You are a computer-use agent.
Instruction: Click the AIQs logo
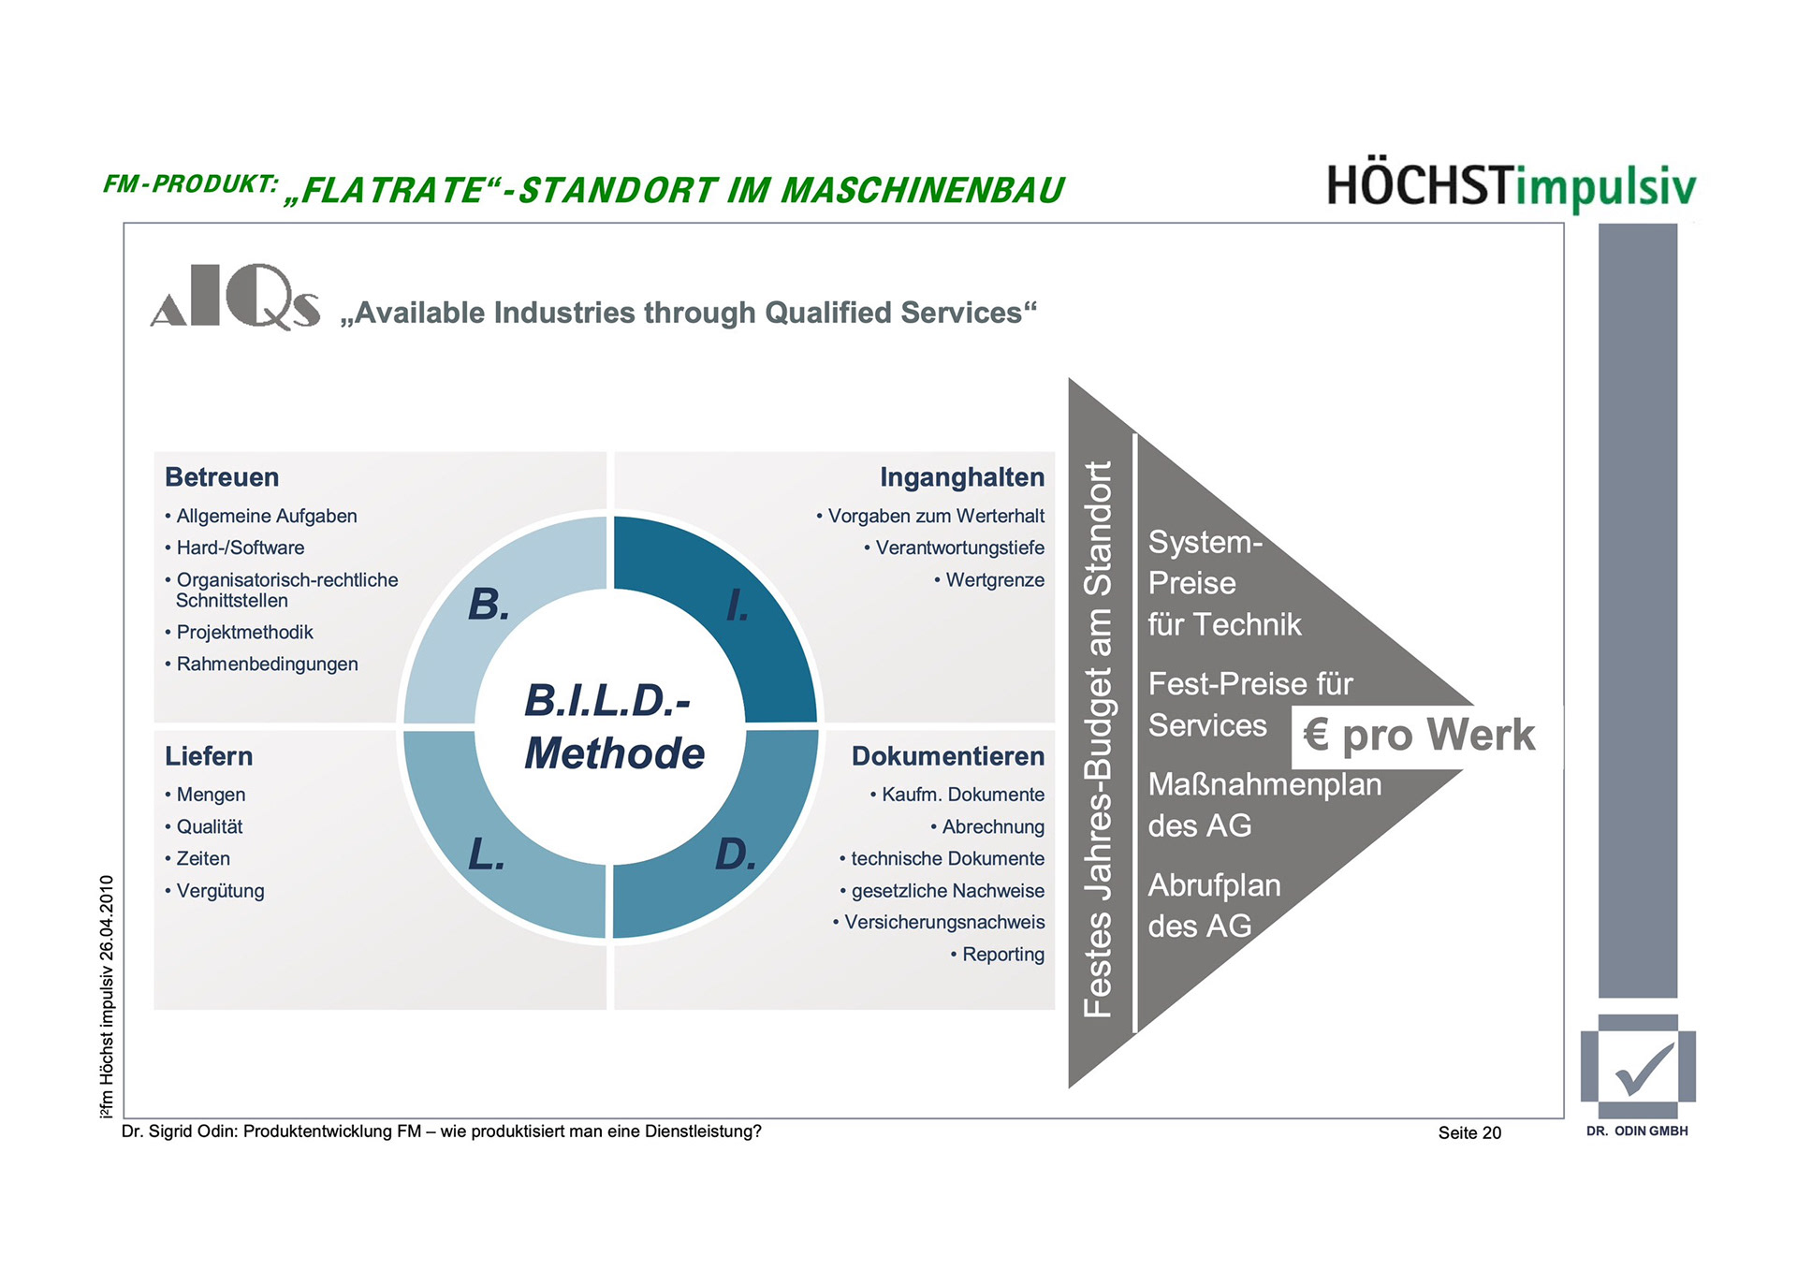[235, 297]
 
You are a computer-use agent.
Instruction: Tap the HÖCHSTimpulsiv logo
[1511, 186]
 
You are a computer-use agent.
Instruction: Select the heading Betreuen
[222, 477]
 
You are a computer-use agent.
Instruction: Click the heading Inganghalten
[961, 477]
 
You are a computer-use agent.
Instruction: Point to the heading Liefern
[209, 756]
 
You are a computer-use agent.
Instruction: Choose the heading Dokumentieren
[947, 756]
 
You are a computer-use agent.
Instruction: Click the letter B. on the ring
[489, 605]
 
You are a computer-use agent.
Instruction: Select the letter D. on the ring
[736, 854]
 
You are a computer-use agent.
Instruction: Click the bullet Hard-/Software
[240, 547]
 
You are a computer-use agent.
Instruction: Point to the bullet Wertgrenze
[994, 580]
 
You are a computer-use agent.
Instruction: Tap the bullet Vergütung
[220, 891]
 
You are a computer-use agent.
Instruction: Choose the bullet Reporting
[1002, 955]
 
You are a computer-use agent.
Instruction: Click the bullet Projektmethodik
[244, 633]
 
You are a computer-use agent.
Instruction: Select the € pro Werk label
[1419, 736]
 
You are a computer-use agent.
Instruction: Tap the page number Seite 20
[1469, 1133]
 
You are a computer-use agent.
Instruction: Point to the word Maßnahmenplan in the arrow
[1264, 784]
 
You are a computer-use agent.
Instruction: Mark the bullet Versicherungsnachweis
[943, 923]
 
